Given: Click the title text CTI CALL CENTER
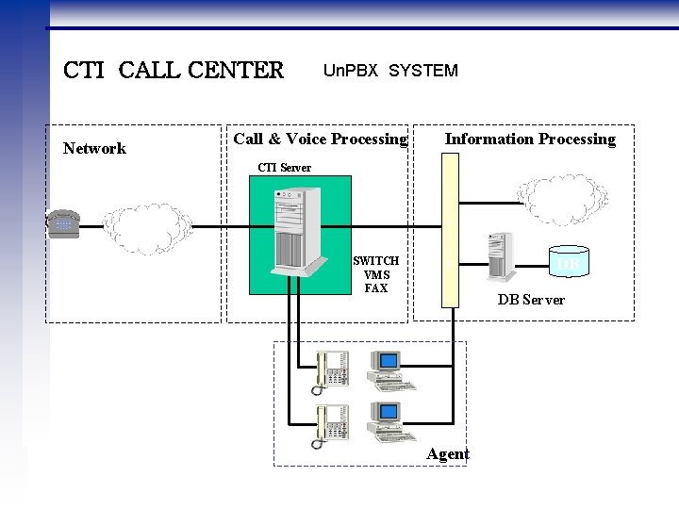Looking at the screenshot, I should pos(173,71).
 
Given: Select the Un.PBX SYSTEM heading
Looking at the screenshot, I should pos(390,71).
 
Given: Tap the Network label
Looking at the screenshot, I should pos(94,148).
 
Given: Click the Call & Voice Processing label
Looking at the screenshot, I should pos(320,140).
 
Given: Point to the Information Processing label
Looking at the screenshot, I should pos(530,140).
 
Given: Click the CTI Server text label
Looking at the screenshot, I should pos(284,168).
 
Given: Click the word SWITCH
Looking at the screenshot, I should pos(375,261).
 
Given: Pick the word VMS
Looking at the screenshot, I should pos(375,274).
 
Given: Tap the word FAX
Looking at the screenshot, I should pos(375,287).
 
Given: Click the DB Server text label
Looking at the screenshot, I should pos(531,300).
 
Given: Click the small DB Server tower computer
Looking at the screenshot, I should pos(500,257).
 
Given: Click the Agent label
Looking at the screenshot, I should pos(447,454).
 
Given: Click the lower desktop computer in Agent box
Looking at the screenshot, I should pos(389,421).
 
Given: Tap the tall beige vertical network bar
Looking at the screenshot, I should pos(449,230).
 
